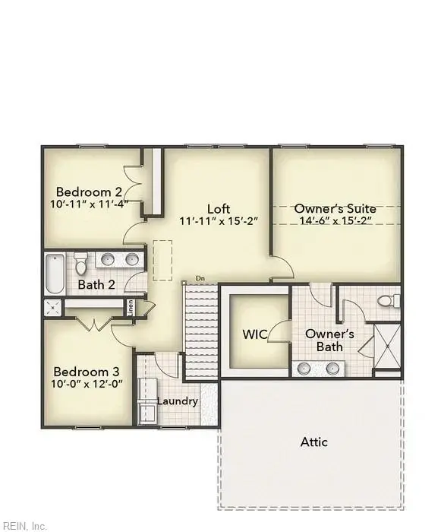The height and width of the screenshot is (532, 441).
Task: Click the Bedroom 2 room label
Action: tap(89, 192)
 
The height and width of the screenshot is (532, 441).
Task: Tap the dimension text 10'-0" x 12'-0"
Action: tap(87, 384)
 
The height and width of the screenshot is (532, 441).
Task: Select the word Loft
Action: tap(219, 209)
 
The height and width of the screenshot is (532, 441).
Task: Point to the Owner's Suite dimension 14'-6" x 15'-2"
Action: tap(336, 220)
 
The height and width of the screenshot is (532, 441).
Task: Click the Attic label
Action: tap(314, 442)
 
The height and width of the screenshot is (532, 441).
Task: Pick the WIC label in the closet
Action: tap(254, 334)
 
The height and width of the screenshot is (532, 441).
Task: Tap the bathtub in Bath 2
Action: tap(55, 274)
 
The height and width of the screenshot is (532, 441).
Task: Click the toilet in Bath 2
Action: tap(80, 263)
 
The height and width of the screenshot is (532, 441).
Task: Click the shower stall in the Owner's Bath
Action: tap(387, 346)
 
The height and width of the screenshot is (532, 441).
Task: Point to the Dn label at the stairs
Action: tap(200, 279)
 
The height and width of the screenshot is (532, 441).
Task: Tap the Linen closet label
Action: tap(131, 307)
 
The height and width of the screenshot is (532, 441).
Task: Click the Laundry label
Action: tap(178, 401)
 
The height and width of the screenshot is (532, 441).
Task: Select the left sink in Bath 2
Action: tap(108, 260)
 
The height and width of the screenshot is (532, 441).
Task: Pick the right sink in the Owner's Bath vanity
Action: tap(332, 368)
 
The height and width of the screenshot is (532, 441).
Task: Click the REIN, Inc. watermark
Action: tap(23, 526)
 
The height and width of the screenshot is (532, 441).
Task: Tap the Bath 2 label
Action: tap(96, 284)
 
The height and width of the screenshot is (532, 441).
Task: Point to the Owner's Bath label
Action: tap(329, 340)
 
